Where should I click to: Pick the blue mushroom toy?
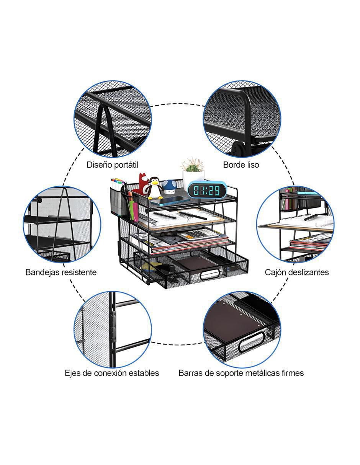pos(169,187)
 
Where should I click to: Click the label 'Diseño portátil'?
pos(112,165)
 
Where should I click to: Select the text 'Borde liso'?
pos(241,165)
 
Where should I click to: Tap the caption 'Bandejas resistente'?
pos(61,272)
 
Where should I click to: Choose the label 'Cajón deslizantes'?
pos(297,272)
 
